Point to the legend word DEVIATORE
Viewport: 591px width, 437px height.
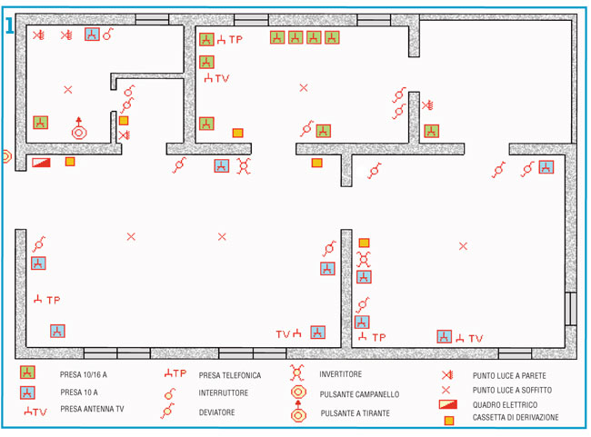[216, 412]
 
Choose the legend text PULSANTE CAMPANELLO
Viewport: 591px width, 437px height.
[359, 394]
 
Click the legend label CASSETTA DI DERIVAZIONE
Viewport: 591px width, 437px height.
[516, 418]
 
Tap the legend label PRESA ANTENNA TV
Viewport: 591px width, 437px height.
[92, 410]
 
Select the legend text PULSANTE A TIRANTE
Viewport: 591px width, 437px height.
[356, 413]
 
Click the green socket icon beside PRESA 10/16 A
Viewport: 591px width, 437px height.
[28, 372]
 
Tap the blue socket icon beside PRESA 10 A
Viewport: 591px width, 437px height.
[28, 392]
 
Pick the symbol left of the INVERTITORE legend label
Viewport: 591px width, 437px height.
[296, 372]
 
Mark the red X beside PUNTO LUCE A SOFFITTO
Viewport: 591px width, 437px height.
[446, 389]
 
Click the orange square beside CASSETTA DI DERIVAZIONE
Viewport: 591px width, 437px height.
[448, 420]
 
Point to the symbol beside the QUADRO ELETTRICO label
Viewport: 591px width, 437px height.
[446, 403]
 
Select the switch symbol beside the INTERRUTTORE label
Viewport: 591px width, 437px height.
[170, 393]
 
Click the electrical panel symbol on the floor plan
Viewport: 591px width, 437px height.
[42, 163]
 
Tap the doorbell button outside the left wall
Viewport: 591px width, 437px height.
[5, 156]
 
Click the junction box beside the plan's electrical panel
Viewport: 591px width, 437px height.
[70, 162]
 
